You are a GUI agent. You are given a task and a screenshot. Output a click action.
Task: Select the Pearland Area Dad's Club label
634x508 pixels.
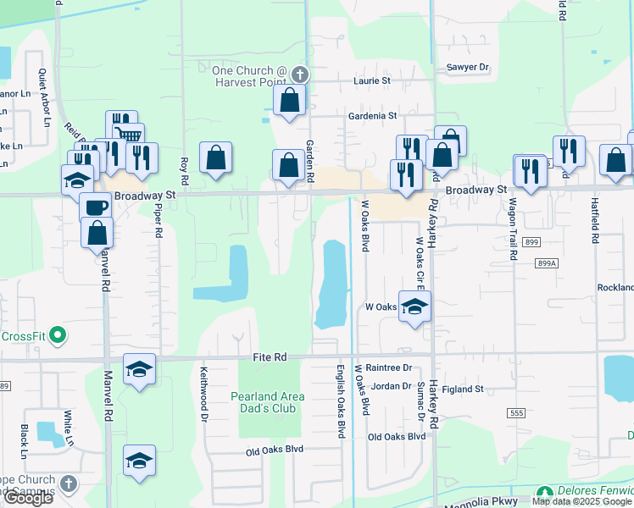[265, 401]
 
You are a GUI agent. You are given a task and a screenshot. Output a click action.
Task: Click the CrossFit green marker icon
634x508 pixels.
[58, 336]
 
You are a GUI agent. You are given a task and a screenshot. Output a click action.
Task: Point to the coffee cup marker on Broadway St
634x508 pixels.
[95, 207]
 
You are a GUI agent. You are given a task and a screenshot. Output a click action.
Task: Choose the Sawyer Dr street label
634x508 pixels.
[468, 67]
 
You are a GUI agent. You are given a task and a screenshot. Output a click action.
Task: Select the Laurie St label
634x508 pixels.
[371, 81]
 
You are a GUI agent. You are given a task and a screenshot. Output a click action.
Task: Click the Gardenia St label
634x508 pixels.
[371, 115]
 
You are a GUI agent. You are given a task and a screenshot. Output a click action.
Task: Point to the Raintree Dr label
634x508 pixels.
[390, 368]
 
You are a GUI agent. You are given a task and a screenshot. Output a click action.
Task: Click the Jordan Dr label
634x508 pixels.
[390, 386]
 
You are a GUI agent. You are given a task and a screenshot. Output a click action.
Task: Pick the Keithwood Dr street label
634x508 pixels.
[203, 393]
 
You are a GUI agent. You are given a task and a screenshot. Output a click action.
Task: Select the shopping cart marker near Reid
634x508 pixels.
[129, 135]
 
